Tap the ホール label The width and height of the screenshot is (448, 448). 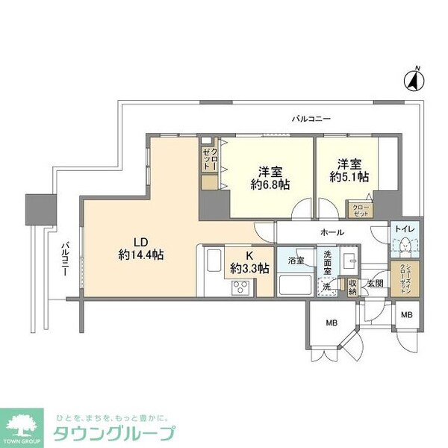[x=332, y=232]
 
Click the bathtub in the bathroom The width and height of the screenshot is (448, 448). [x=294, y=284]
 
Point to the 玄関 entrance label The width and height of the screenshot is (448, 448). [x=374, y=283]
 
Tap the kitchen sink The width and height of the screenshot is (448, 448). [x=212, y=264]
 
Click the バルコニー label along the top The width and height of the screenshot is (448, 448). [x=311, y=118]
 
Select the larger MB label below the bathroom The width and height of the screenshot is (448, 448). [x=329, y=323]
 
